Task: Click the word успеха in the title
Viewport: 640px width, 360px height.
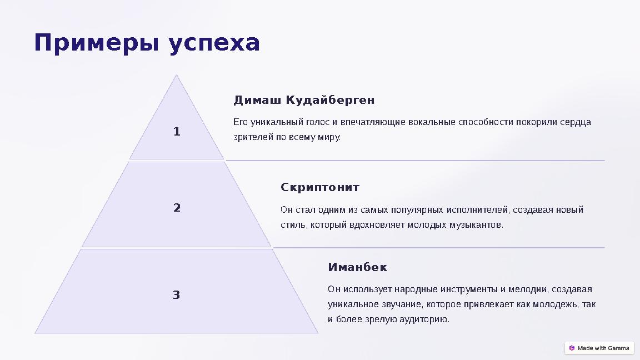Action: pyautogui.click(x=214, y=44)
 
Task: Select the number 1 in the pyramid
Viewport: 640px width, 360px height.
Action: pyautogui.click(x=177, y=132)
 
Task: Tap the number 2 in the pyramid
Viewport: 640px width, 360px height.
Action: pyautogui.click(x=177, y=208)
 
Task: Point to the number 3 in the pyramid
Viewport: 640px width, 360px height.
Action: pyautogui.click(x=176, y=294)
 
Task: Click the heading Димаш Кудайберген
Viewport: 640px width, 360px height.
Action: pyautogui.click(x=304, y=100)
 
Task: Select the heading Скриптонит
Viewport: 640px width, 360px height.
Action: pyautogui.click(x=320, y=187)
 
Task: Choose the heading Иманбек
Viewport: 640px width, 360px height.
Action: pyautogui.click(x=357, y=267)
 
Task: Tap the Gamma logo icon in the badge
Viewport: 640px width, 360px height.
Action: pyautogui.click(x=572, y=348)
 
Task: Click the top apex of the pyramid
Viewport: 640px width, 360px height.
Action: pyautogui.click(x=177, y=76)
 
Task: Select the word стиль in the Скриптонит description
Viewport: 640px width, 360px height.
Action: pyautogui.click(x=292, y=225)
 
